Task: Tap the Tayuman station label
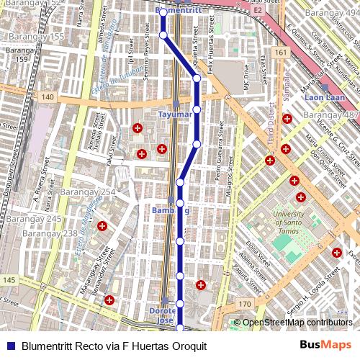click(175, 114)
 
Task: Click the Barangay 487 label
click(331, 116)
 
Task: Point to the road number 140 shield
click(48, 96)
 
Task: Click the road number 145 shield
click(9, 279)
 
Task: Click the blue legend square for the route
click(12, 346)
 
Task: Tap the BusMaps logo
click(325, 345)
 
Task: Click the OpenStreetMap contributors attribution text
click(297, 323)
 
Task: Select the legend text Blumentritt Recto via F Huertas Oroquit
click(114, 346)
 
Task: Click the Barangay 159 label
click(15, 55)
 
